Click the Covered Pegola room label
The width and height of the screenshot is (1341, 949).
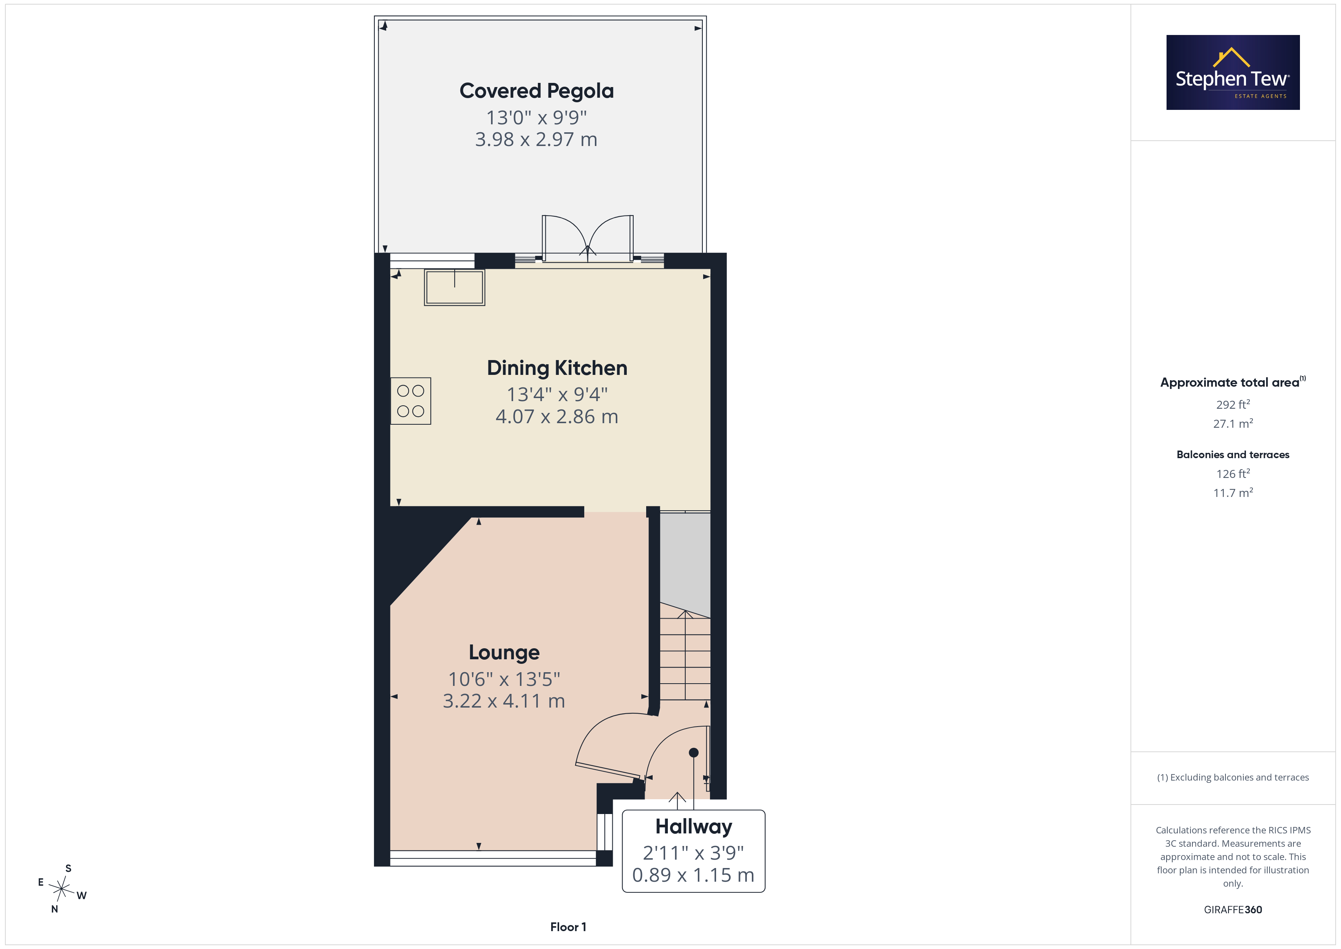click(536, 91)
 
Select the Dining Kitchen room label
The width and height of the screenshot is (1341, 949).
click(557, 368)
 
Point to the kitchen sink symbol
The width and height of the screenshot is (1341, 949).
click(454, 287)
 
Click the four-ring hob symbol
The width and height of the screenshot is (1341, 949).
click(411, 401)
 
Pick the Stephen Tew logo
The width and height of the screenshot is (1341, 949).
click(1233, 73)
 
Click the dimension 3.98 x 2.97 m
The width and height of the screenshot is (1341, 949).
click(536, 140)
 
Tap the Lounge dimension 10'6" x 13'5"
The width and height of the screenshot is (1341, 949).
click(504, 679)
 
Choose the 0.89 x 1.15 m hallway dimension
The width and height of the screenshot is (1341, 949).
click(693, 875)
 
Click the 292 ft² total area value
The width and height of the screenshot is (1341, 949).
click(1233, 405)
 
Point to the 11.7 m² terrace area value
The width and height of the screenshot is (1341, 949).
click(1233, 493)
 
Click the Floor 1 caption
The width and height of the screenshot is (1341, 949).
click(568, 927)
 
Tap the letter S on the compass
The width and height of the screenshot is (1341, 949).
click(68, 868)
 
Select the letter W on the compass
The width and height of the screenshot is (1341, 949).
click(82, 895)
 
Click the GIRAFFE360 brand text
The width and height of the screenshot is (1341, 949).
click(1233, 910)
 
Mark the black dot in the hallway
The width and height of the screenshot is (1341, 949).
click(693, 753)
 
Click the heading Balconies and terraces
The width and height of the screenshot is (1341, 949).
click(1233, 455)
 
